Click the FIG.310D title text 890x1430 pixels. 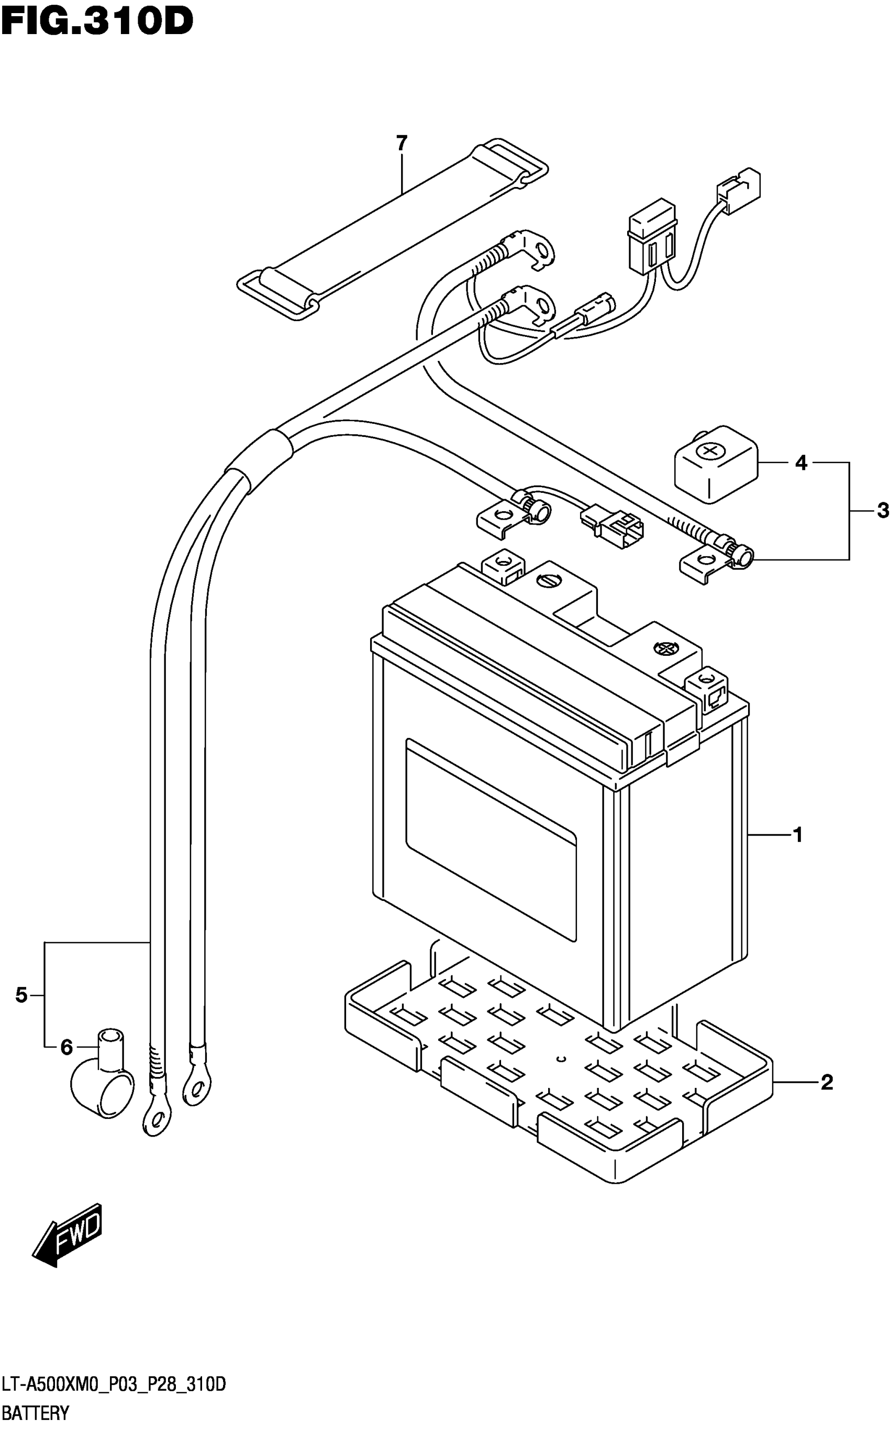click(x=97, y=22)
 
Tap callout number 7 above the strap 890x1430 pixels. click(x=402, y=143)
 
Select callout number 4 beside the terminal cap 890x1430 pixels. click(x=801, y=463)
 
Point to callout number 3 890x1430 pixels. click(x=882, y=511)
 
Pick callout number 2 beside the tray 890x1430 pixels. click(x=827, y=1083)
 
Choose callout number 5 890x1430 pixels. click(x=21, y=995)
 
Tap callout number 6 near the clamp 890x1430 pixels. click(x=66, y=1047)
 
